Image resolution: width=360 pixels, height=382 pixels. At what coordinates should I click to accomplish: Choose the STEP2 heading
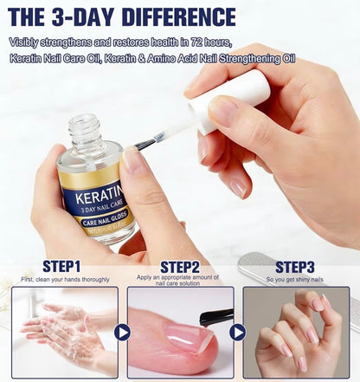tap(179, 266)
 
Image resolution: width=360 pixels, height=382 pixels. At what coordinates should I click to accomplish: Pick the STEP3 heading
tap(295, 266)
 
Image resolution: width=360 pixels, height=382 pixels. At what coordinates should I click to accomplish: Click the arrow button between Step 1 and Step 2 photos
tap(122, 332)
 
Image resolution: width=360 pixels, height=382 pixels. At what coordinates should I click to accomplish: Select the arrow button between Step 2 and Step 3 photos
tap(237, 332)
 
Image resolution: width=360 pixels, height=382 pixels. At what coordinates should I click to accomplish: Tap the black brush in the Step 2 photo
tap(215, 317)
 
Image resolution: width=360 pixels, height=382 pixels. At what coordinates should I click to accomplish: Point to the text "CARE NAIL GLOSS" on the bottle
tap(101, 223)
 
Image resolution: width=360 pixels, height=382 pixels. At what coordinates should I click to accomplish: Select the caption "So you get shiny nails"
tap(295, 280)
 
